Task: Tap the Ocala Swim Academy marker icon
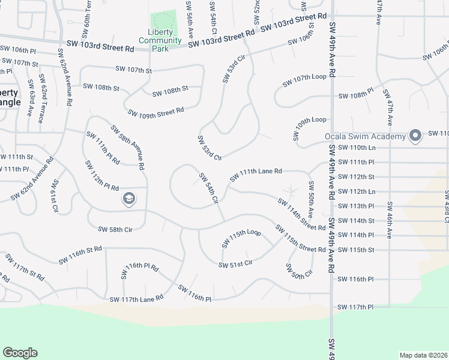point(415,136)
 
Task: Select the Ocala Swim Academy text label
point(366,136)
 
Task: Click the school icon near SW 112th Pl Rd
point(128,199)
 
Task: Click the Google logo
point(20,353)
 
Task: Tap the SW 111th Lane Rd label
point(255,175)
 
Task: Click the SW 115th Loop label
point(241,237)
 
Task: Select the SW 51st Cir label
point(235,264)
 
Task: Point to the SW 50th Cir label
point(299,271)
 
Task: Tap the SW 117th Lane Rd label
point(136,298)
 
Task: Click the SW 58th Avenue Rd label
point(128,147)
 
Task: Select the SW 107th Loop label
point(309,77)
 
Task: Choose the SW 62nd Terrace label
point(41,98)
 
